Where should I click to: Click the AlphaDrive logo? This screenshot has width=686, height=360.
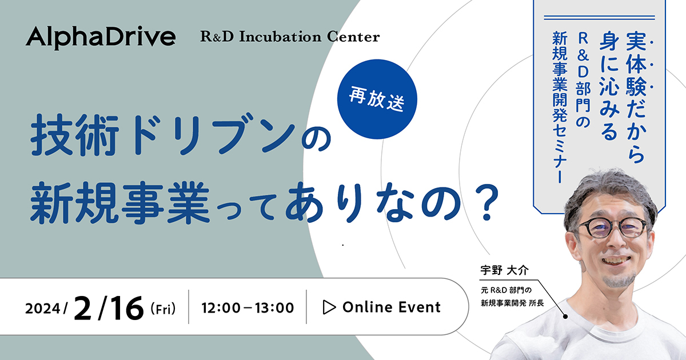101,38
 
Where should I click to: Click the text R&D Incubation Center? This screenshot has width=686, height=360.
290,37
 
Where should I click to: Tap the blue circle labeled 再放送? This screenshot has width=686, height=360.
377,99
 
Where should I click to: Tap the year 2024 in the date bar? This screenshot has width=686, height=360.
43,308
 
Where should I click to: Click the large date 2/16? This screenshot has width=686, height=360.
109,308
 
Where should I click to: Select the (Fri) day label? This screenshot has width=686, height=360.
163,309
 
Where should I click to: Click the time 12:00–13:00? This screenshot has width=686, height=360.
248,307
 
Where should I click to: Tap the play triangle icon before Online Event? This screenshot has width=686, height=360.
329,307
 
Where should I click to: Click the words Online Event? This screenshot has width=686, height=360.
392,307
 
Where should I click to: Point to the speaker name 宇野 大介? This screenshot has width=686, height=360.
504,270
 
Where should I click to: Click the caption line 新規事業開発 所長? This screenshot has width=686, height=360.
512,303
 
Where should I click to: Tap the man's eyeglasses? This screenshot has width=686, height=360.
612,228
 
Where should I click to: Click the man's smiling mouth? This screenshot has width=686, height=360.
616,261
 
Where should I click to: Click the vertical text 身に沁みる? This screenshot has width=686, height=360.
609,86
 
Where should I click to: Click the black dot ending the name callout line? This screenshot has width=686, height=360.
565,316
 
